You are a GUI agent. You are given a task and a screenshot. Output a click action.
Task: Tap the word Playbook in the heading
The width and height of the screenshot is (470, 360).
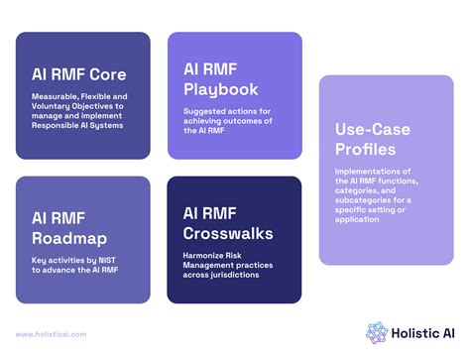point(220,90)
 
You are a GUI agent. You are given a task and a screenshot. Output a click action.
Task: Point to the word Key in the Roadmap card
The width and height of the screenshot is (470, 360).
point(39,260)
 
